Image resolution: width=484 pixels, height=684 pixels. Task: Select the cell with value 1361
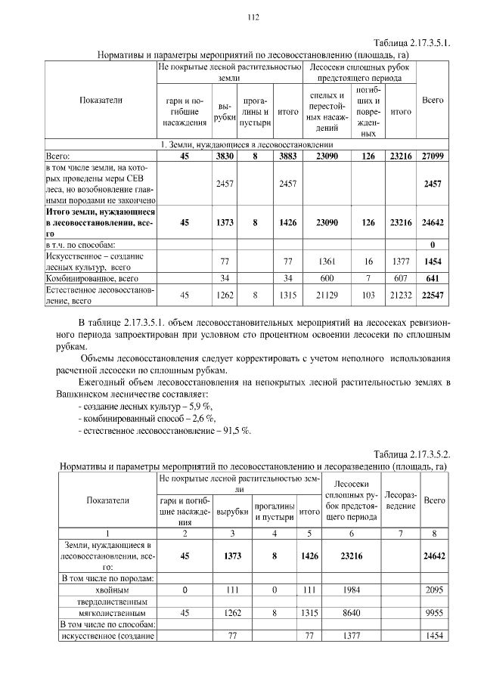pos(327,262)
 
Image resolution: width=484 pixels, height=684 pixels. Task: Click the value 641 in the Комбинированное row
pos(432,278)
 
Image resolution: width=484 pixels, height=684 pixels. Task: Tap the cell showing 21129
pos(327,295)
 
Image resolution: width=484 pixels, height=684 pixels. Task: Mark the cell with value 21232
pos(400,295)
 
